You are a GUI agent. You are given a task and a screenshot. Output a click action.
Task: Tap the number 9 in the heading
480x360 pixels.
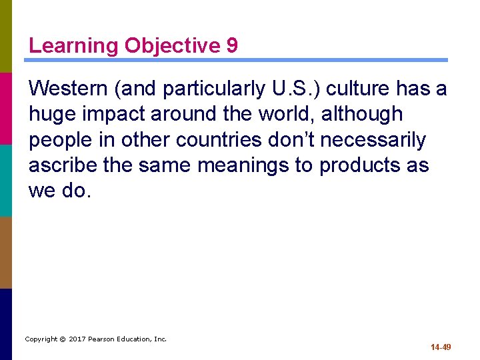[231, 45]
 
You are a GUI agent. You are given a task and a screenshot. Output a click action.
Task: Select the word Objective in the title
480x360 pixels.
[172, 45]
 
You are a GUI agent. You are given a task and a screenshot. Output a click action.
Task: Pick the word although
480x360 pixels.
[362, 114]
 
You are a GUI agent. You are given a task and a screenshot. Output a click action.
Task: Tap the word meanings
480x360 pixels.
[251, 166]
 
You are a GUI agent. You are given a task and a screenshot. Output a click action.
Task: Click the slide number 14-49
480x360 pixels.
[441, 347]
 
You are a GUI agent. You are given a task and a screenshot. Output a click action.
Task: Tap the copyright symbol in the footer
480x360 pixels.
[63, 339]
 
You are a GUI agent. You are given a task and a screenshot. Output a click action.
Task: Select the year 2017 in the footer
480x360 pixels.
[78, 339]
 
